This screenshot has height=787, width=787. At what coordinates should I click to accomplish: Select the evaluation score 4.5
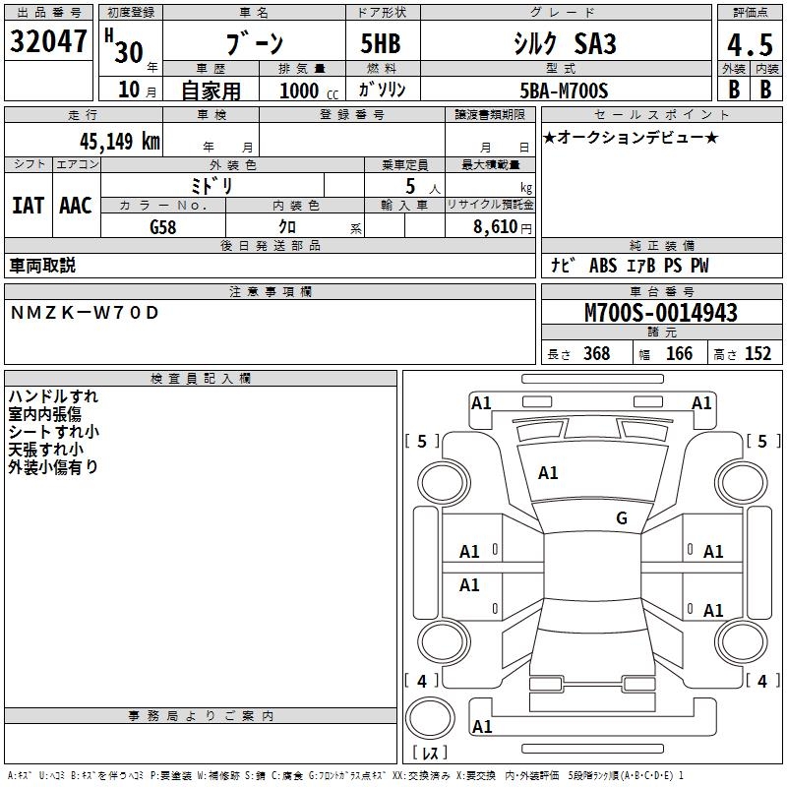click(x=749, y=45)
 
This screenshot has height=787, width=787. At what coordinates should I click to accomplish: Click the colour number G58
click(x=163, y=227)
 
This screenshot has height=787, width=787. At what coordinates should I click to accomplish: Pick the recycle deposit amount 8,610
click(x=495, y=227)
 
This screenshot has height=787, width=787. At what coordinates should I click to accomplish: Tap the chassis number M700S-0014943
click(x=660, y=314)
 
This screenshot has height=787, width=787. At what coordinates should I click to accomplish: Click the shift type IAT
click(x=29, y=206)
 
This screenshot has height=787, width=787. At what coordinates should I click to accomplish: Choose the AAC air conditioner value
click(x=76, y=206)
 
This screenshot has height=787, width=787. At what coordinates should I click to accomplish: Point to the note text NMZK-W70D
click(x=85, y=313)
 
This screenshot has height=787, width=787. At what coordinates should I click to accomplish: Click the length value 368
click(x=596, y=354)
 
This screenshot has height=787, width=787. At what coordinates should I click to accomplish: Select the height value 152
click(x=757, y=354)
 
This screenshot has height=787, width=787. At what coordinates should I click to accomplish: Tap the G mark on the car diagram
click(x=622, y=518)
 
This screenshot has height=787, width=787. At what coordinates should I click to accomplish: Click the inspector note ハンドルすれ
click(x=53, y=396)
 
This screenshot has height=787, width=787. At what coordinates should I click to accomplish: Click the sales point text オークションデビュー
click(x=636, y=137)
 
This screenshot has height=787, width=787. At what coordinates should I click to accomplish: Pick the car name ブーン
click(x=255, y=44)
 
